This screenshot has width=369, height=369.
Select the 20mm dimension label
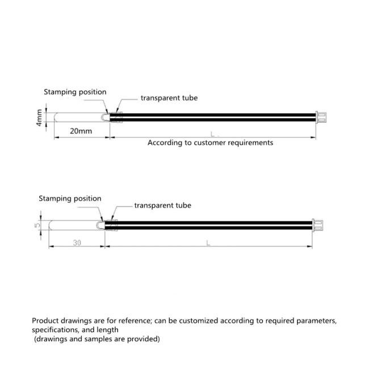coord(81,131)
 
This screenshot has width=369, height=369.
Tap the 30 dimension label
coord(77,242)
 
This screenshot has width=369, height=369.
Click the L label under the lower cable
coord(208,243)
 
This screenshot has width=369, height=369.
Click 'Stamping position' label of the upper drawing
coord(75,92)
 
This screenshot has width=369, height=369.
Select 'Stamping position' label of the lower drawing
coord(70,199)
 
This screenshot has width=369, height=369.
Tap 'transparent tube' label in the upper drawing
coord(169,98)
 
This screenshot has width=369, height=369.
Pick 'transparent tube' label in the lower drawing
coord(162,206)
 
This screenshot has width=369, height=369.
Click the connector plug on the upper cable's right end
coord(322,118)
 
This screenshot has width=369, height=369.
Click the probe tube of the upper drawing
coord(79,118)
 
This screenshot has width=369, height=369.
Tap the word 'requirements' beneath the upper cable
coord(253,142)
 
